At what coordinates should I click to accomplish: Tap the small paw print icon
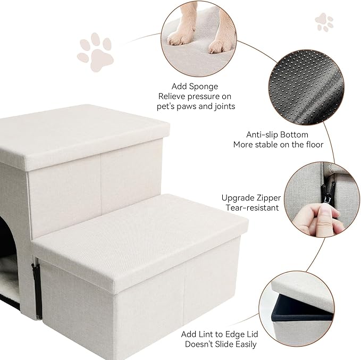pyautogui.click(x=324, y=22)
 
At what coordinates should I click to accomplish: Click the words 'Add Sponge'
pyautogui.click(x=195, y=86)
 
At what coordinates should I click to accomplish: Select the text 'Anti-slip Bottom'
pyautogui.click(x=277, y=135)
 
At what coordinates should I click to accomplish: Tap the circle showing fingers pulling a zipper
pyautogui.click(x=323, y=200)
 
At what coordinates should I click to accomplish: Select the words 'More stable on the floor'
pyautogui.click(x=278, y=145)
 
